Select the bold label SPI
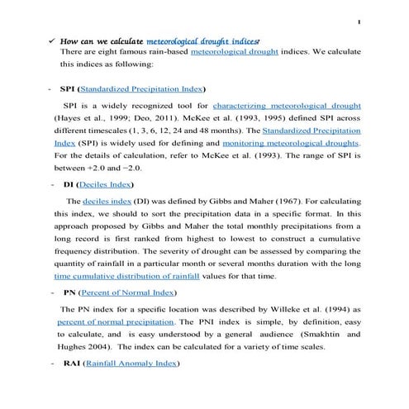click(x=69, y=88)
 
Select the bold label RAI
click(x=71, y=364)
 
